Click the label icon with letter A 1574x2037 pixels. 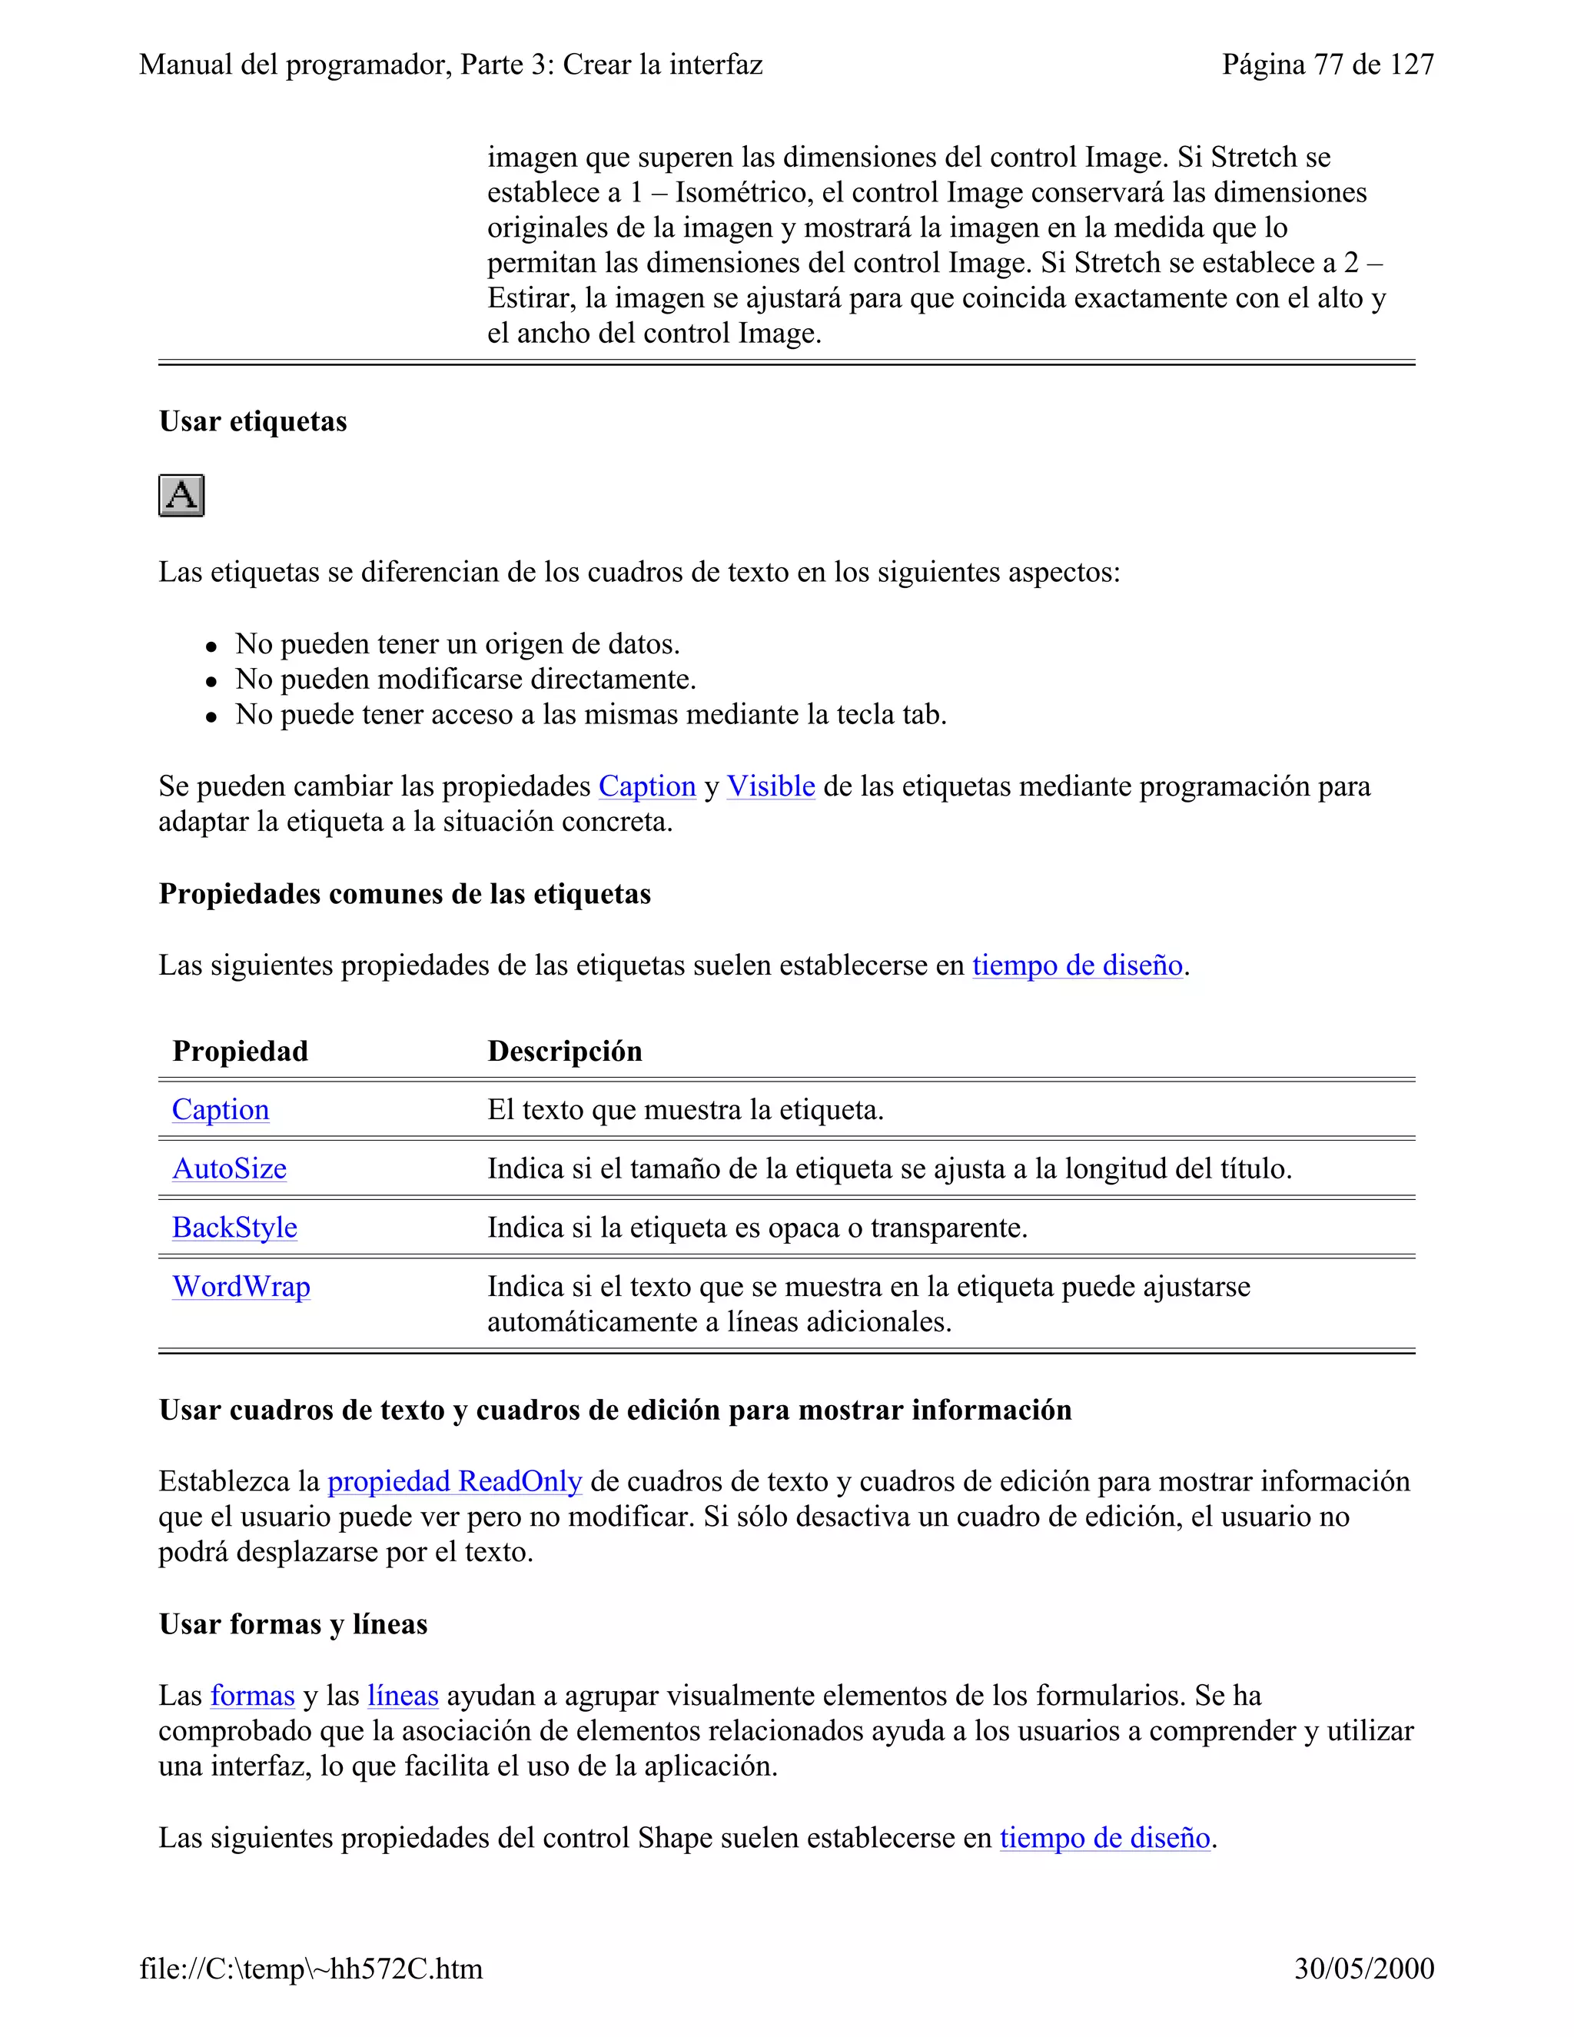pyautogui.click(x=181, y=495)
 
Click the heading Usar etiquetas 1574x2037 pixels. pyautogui.click(x=253, y=421)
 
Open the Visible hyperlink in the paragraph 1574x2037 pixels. pyautogui.click(x=770, y=786)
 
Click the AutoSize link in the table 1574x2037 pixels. pyautogui.click(x=229, y=1168)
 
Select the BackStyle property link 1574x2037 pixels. pyautogui.click(x=235, y=1228)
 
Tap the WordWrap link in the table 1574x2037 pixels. pyautogui.click(x=241, y=1286)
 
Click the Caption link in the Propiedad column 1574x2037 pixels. pyautogui.click(x=220, y=1110)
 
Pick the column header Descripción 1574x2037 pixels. pyautogui.click(x=564, y=1051)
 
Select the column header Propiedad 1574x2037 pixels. pyautogui.click(x=240, y=1051)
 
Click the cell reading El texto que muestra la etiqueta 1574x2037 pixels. pyautogui.click(x=686, y=1110)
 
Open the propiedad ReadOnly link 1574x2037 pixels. pyautogui.click(x=454, y=1481)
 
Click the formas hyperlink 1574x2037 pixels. pyautogui.click(x=252, y=1696)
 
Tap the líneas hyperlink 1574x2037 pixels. pyautogui.click(x=403, y=1696)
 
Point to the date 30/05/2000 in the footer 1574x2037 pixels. pyautogui.click(x=1363, y=1969)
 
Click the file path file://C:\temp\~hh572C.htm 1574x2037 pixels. pyautogui.click(x=311, y=1969)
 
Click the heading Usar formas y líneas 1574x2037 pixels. pyautogui.click(x=293, y=1623)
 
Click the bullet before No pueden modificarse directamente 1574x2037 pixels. pyautogui.click(x=211, y=682)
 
